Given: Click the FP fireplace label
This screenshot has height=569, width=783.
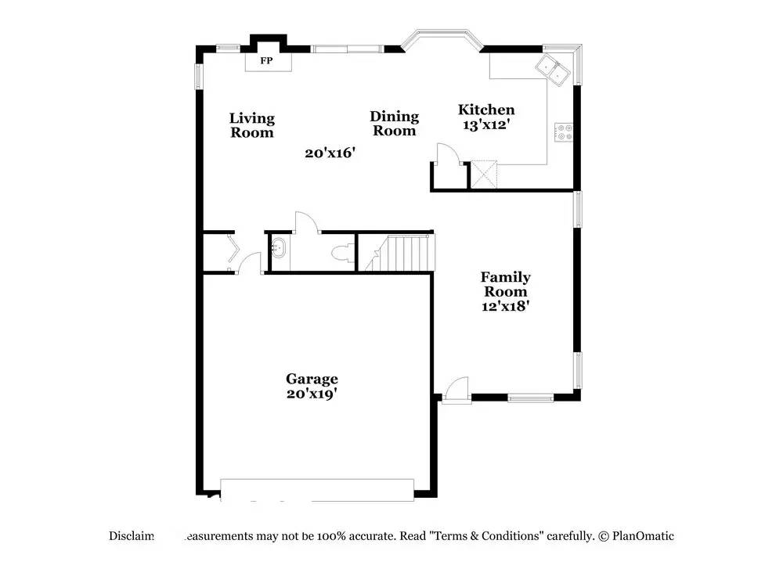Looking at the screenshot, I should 266,60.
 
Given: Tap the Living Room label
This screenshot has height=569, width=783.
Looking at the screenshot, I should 252,125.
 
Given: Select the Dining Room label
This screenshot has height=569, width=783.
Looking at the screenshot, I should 394,124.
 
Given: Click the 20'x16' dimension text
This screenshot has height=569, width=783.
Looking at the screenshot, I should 330,153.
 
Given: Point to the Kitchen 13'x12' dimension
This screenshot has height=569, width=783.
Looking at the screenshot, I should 486,124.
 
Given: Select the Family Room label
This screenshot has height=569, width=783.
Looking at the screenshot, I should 505,284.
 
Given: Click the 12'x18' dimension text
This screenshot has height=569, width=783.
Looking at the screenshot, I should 505,306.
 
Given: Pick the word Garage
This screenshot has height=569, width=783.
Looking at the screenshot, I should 312,379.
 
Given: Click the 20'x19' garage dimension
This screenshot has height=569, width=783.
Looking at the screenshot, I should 312,394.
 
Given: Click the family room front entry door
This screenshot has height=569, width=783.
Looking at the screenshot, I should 456,390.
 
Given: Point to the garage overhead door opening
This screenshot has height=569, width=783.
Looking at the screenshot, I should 317,490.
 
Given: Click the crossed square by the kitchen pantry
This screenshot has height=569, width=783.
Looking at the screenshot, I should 485,174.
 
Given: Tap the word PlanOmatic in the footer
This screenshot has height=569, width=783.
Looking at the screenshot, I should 643,536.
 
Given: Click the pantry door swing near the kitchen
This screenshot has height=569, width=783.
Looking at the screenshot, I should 445,155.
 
